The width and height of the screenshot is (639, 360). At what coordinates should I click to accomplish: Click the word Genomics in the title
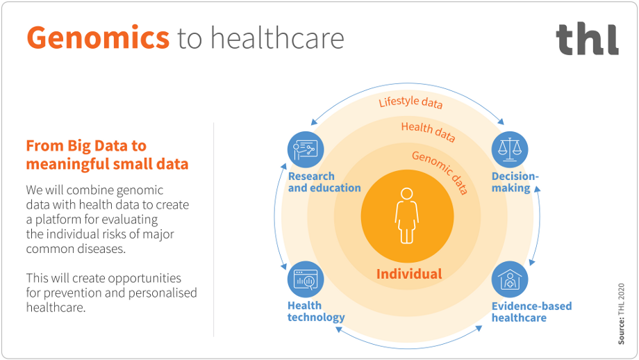tap(98, 38)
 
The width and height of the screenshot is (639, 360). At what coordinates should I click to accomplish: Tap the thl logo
tap(587, 40)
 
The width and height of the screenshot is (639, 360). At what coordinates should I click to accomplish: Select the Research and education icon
tap(306, 149)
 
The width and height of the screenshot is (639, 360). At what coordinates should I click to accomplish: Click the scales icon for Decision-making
tap(510, 149)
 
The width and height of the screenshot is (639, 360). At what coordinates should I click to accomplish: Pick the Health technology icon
tap(306, 280)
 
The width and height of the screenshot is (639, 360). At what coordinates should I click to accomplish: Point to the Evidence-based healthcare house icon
tap(510, 280)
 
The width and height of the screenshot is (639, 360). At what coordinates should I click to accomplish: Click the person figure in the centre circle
tap(407, 215)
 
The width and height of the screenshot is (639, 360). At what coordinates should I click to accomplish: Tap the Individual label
tap(408, 274)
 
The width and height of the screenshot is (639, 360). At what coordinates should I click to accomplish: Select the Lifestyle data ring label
tap(410, 103)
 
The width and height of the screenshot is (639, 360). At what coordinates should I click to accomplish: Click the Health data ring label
tap(428, 131)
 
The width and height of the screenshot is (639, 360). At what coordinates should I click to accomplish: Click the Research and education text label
tap(324, 182)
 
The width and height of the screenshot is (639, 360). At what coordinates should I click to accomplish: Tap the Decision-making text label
tap(515, 182)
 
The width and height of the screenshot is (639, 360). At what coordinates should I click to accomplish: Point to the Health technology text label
tap(316, 311)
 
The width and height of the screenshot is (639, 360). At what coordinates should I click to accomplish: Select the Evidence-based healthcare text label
tap(531, 311)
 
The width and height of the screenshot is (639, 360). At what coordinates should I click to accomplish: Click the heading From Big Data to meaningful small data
tap(107, 155)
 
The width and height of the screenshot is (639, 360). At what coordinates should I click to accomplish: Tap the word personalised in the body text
tap(160, 293)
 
